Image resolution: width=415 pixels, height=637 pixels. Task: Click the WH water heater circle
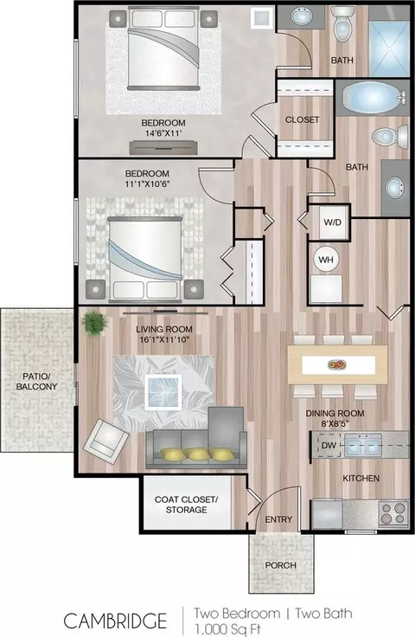coord(326,259)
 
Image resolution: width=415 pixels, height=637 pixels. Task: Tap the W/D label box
coord(333,222)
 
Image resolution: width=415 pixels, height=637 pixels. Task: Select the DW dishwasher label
coord(329,445)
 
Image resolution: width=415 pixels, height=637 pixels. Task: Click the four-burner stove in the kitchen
coord(393,513)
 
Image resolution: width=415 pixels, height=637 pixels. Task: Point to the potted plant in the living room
coord(95,324)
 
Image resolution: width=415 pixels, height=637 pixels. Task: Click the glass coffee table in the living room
coord(163,392)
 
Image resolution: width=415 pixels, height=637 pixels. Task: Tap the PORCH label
coord(281,565)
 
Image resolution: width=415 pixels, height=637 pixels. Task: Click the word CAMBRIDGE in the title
coord(115,621)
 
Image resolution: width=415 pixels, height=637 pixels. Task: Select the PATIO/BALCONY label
coord(36,382)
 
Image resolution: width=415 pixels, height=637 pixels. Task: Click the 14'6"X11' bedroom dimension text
coord(163,133)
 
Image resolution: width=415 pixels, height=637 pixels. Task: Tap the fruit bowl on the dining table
coord(337,364)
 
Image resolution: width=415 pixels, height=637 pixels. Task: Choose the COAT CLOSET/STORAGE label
coord(186,505)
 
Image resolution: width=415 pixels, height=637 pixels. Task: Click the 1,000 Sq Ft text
coord(227,629)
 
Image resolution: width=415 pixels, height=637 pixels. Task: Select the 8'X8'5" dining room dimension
coord(335,423)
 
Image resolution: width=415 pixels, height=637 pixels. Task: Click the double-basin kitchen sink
coord(363,445)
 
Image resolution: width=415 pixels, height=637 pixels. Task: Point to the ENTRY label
coord(278,519)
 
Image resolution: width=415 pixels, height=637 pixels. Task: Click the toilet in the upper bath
coord(342,26)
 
